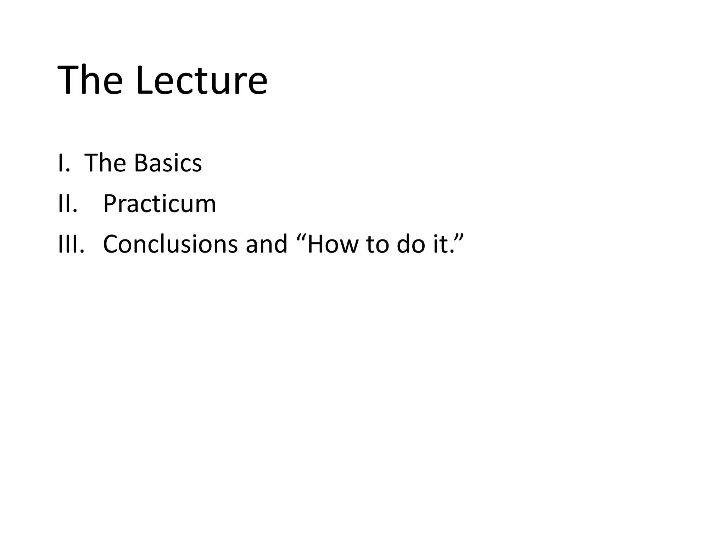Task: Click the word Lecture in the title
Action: click(x=201, y=80)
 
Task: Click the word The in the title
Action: click(x=90, y=80)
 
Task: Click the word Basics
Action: click(x=168, y=163)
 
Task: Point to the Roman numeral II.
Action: click(x=67, y=204)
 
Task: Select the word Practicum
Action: click(x=160, y=205)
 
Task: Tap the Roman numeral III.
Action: click(x=71, y=244)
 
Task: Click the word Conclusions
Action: click(x=170, y=244)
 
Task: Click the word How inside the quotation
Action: click(x=333, y=244)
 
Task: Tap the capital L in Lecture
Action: click(x=146, y=80)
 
